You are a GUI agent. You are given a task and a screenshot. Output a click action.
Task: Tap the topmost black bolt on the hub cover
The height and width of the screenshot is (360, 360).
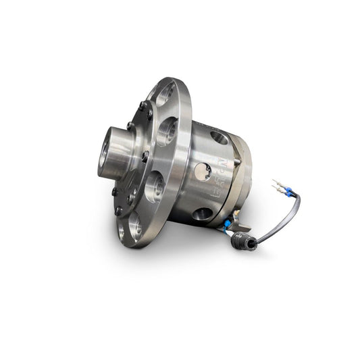(x=141, y=105)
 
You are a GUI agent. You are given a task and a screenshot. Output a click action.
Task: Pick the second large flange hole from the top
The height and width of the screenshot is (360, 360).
(x=168, y=130)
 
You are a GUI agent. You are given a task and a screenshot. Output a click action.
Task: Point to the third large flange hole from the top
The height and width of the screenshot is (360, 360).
(x=155, y=183)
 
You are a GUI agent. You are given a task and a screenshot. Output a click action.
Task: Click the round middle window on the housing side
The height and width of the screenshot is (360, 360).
(x=203, y=171)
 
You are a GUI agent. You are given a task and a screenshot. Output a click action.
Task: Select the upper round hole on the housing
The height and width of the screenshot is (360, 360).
(x=220, y=138)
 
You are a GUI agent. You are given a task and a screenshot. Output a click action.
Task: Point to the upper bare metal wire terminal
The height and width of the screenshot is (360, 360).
(x=276, y=184)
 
